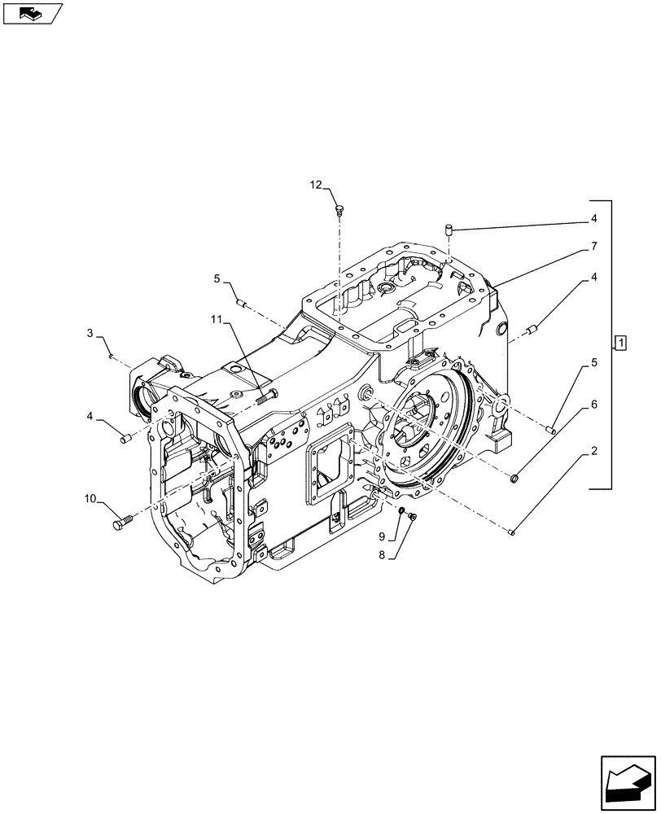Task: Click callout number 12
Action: (x=315, y=186)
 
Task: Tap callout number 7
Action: (x=594, y=246)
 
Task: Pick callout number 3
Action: (x=92, y=333)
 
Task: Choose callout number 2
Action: (x=593, y=450)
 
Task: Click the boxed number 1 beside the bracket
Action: (x=620, y=342)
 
